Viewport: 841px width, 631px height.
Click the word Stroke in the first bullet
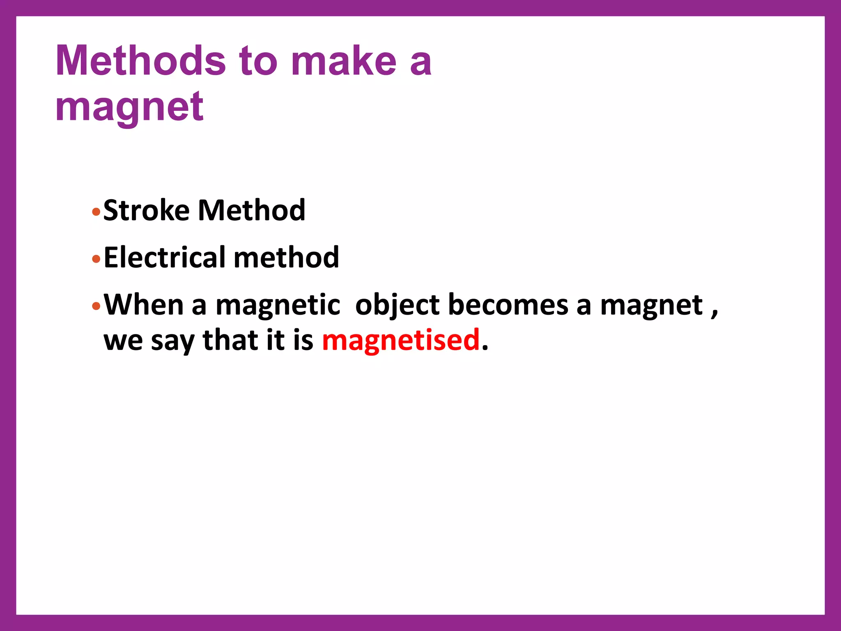[x=146, y=210]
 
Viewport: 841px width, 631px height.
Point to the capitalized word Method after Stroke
[x=252, y=210]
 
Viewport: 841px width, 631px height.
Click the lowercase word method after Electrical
[x=286, y=258]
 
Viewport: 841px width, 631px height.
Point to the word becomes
[x=508, y=305]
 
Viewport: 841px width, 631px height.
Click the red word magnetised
[x=401, y=340]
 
